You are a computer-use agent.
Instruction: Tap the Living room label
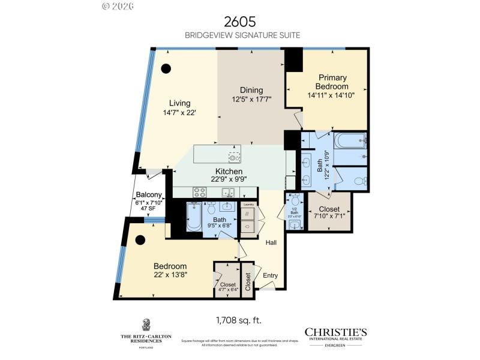click(x=179, y=103)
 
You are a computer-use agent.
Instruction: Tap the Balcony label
click(x=149, y=194)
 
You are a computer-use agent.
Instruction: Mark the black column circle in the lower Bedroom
click(x=140, y=240)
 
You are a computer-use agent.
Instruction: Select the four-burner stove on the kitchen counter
click(x=199, y=193)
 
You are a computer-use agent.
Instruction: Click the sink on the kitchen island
click(x=235, y=157)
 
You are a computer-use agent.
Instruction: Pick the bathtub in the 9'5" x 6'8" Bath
click(x=193, y=217)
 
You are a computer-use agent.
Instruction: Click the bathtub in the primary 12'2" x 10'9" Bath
click(x=350, y=142)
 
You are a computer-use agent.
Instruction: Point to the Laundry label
click(x=248, y=205)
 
